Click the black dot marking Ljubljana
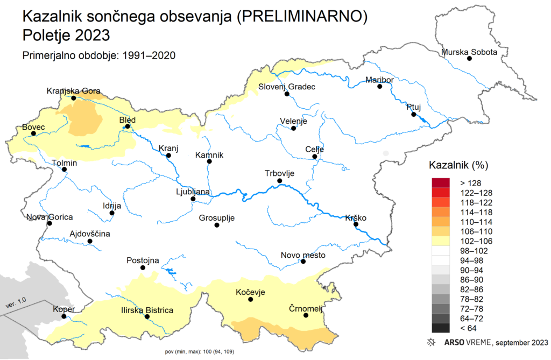point(193,199)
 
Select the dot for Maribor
point(379,86)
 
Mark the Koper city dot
point(64,316)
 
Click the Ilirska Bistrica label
point(147,310)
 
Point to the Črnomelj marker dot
point(306,315)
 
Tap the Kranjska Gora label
point(73,91)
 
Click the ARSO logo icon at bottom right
point(430,342)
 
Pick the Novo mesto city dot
point(303,262)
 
